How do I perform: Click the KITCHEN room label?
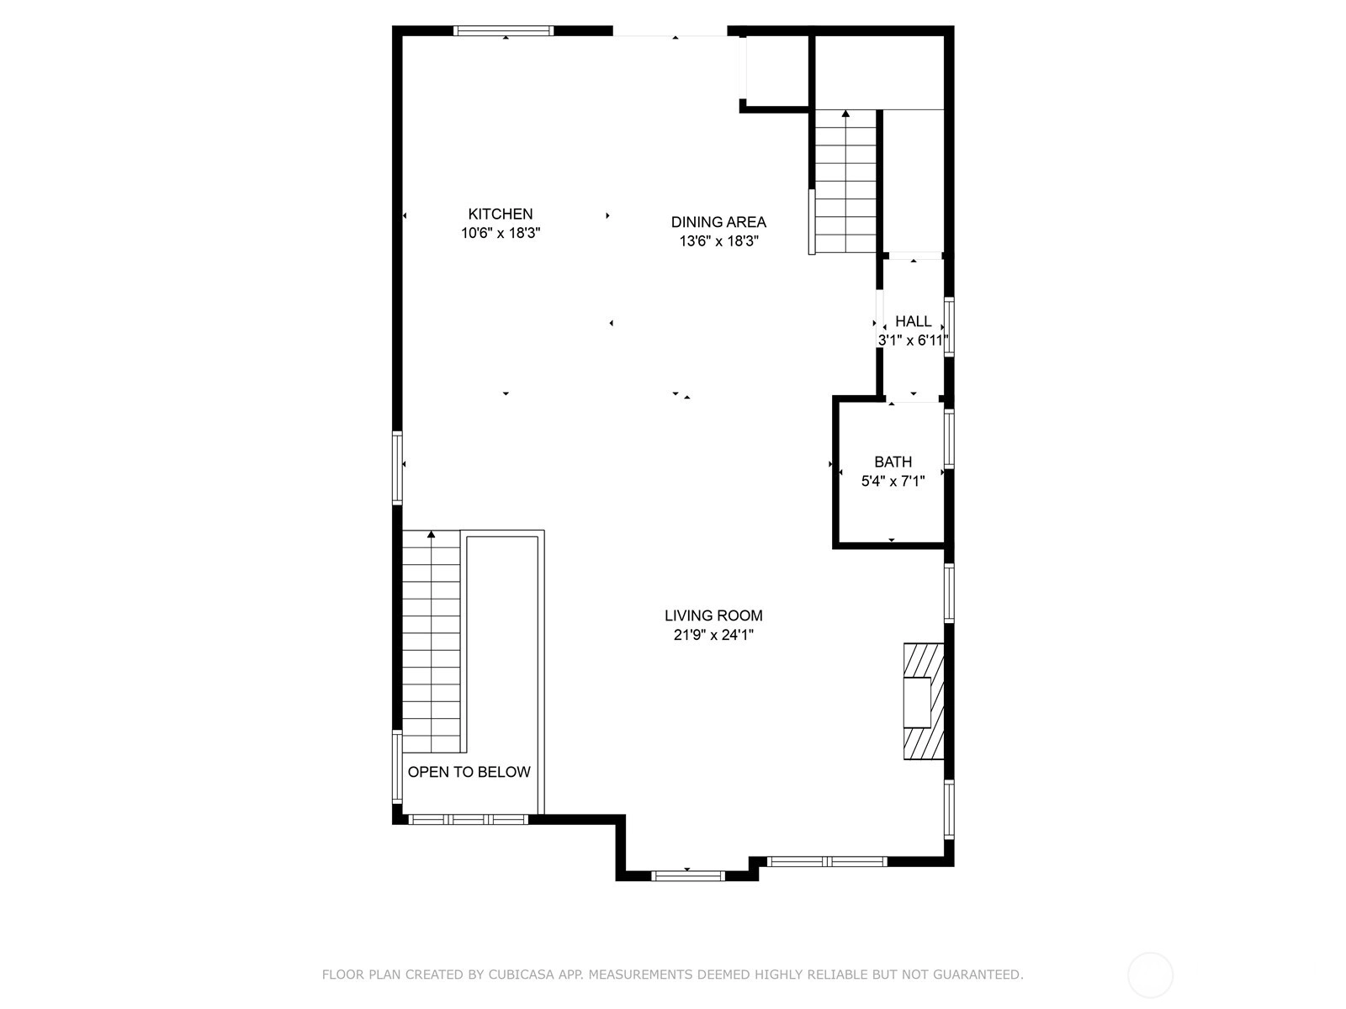pyautogui.click(x=501, y=214)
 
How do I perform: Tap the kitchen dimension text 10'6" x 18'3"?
pyautogui.click(x=501, y=233)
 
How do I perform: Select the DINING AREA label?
pyautogui.click(x=718, y=222)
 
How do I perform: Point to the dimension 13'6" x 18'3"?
pyautogui.click(x=718, y=240)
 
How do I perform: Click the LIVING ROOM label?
pyautogui.click(x=713, y=615)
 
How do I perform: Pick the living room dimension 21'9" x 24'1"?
pyautogui.click(x=713, y=635)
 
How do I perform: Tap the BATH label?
pyautogui.click(x=893, y=462)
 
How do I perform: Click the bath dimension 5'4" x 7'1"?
pyautogui.click(x=893, y=481)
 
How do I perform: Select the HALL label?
pyautogui.click(x=913, y=321)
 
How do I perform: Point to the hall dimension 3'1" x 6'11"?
pyautogui.click(x=913, y=340)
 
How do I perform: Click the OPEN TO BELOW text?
pyautogui.click(x=469, y=772)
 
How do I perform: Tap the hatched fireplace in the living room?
pyautogui.click(x=924, y=701)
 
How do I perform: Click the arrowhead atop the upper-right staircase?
pyautogui.click(x=845, y=114)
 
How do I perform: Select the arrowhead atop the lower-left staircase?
pyautogui.click(x=431, y=534)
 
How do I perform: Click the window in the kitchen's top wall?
pyautogui.click(x=503, y=30)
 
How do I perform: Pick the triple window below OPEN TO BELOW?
pyautogui.click(x=469, y=819)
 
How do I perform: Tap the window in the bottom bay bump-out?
pyautogui.click(x=688, y=876)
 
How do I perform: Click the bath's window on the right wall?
pyautogui.click(x=949, y=439)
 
